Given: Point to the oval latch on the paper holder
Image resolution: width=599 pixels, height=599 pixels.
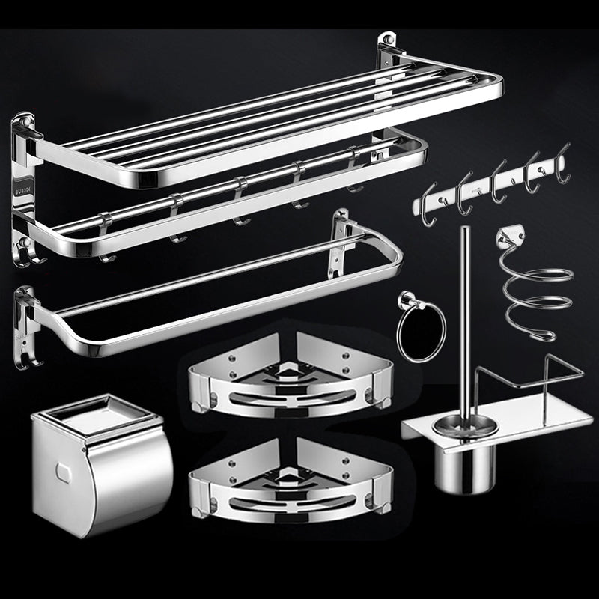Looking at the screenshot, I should coord(64,471).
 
